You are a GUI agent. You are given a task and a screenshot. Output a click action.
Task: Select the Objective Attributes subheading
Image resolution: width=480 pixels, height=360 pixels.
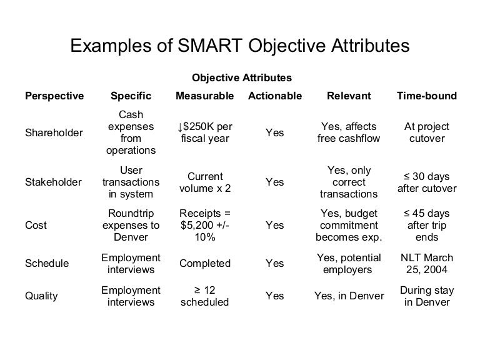(x=241, y=78)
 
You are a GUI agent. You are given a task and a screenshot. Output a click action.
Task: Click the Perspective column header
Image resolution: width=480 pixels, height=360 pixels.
(x=54, y=96)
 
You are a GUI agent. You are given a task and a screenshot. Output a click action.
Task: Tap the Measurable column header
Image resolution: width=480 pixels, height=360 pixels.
(x=205, y=96)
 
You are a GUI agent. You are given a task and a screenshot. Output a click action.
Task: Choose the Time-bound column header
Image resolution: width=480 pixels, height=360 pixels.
(x=427, y=96)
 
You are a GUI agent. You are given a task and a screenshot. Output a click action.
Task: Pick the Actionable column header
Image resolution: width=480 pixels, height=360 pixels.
(x=275, y=96)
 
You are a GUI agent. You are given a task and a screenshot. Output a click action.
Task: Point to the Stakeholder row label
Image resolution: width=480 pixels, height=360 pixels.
(x=52, y=182)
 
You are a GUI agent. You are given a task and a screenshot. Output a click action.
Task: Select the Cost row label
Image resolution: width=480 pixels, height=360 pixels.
(x=35, y=225)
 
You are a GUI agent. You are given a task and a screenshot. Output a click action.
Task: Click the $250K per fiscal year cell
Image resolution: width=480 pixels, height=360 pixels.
(x=205, y=132)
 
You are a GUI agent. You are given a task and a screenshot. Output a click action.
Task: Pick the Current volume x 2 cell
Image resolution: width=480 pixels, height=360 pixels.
(x=205, y=182)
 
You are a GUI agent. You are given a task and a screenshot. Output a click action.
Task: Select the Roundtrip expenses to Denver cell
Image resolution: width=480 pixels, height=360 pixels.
(x=131, y=225)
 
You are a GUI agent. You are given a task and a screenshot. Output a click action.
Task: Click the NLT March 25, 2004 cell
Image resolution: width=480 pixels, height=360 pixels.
(x=427, y=264)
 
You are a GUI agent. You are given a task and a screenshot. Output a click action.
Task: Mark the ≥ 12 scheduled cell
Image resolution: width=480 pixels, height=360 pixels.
(x=205, y=296)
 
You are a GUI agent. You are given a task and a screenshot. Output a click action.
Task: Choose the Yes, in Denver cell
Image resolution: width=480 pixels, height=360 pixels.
(x=349, y=296)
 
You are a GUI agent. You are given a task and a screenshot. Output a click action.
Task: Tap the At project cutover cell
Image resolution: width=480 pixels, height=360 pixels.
(x=427, y=132)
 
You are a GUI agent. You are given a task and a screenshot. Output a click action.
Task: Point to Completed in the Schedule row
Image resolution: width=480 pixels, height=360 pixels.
(x=205, y=264)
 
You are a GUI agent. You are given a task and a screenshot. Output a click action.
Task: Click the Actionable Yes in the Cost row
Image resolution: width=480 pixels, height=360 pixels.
(x=275, y=225)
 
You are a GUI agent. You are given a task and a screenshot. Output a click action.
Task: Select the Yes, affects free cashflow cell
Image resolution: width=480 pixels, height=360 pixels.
(x=349, y=132)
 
